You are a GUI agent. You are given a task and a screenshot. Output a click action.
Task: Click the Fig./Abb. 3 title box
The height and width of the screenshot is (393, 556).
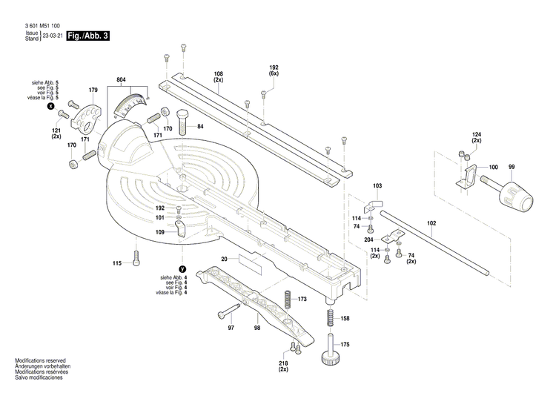tap(87, 36)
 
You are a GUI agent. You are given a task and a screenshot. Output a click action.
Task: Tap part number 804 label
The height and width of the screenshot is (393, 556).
tap(121, 79)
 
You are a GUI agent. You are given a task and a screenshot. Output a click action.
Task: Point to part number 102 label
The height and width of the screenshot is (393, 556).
tap(431, 222)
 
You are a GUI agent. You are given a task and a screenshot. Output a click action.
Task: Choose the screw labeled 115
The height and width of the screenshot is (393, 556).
tap(136, 258)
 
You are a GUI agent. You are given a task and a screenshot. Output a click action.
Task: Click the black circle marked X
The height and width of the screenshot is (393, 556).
tap(51, 107)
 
